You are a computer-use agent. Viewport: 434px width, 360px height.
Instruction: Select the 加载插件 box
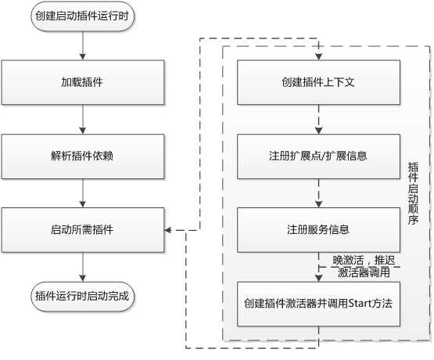[x=81, y=82]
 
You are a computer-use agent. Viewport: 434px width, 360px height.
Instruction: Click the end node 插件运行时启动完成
[x=81, y=296]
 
